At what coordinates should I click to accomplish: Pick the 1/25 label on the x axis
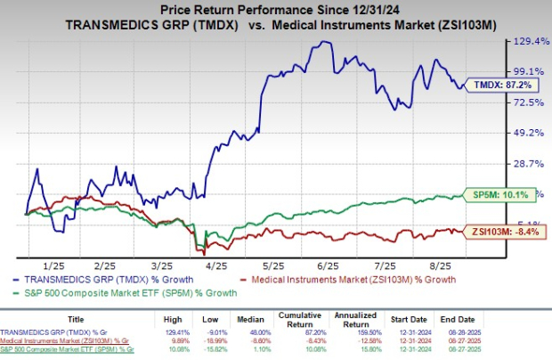[53, 266]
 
